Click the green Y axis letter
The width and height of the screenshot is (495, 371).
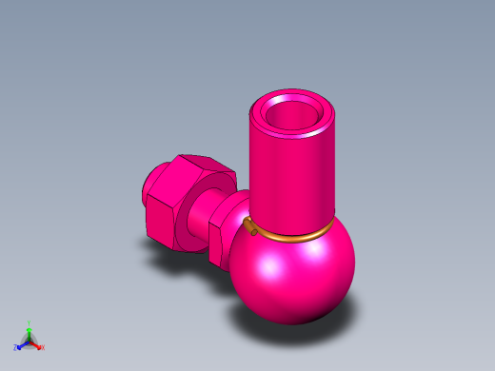(x=30, y=323)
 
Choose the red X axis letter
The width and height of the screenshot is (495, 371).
(x=43, y=347)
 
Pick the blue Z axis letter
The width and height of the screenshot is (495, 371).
(x=16, y=348)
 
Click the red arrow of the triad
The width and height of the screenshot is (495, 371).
(x=37, y=344)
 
